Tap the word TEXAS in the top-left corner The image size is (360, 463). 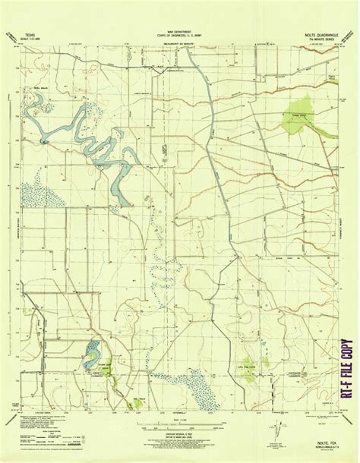click(x=31, y=35)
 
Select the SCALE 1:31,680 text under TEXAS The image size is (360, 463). click(x=32, y=39)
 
